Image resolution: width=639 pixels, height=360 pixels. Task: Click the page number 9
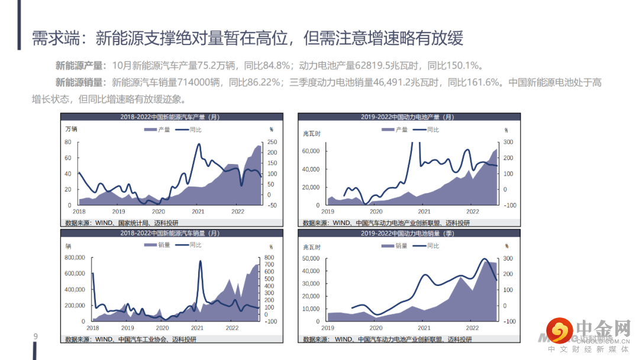pyautogui.click(x=35, y=337)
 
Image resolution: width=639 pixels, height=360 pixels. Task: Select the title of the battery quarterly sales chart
pyautogui.click(x=408, y=233)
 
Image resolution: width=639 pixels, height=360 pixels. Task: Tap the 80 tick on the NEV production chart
pyautogui.click(x=68, y=142)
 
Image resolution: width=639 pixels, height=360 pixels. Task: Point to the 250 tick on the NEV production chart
pyautogui.click(x=272, y=142)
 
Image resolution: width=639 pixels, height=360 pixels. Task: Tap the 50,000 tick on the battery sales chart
pyautogui.click(x=311, y=258)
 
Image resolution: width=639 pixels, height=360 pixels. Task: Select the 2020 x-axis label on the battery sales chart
pyautogui.click(x=376, y=327)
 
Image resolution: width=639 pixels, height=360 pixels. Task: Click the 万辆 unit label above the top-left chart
pyautogui.click(x=71, y=129)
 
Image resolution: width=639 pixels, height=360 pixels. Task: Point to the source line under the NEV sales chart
pyautogui.click(x=130, y=339)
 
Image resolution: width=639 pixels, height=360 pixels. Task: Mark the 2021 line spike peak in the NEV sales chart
pyautogui.click(x=200, y=261)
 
